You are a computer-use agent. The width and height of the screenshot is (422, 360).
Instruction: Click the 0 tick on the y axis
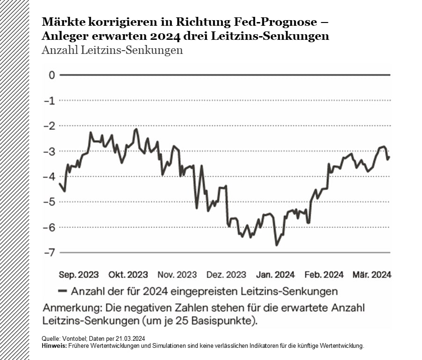[x=51, y=75]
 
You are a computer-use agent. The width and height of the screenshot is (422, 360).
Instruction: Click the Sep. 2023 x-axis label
[x=79, y=275]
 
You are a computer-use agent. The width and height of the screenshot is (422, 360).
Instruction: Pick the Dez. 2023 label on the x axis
[x=226, y=275]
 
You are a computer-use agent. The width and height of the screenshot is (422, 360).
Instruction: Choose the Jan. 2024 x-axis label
[x=275, y=275]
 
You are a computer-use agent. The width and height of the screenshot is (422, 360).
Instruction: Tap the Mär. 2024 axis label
[x=372, y=275]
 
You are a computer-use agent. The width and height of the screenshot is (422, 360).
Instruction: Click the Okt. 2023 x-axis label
[x=128, y=275]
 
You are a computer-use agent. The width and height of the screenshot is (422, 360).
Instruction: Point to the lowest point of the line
[x=276, y=245]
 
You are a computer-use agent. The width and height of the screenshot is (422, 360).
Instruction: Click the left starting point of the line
[x=59, y=183]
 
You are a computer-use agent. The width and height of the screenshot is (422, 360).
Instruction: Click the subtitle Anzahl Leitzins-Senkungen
[x=112, y=50]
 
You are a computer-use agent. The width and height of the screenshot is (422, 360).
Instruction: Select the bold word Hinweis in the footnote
[x=54, y=346]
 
